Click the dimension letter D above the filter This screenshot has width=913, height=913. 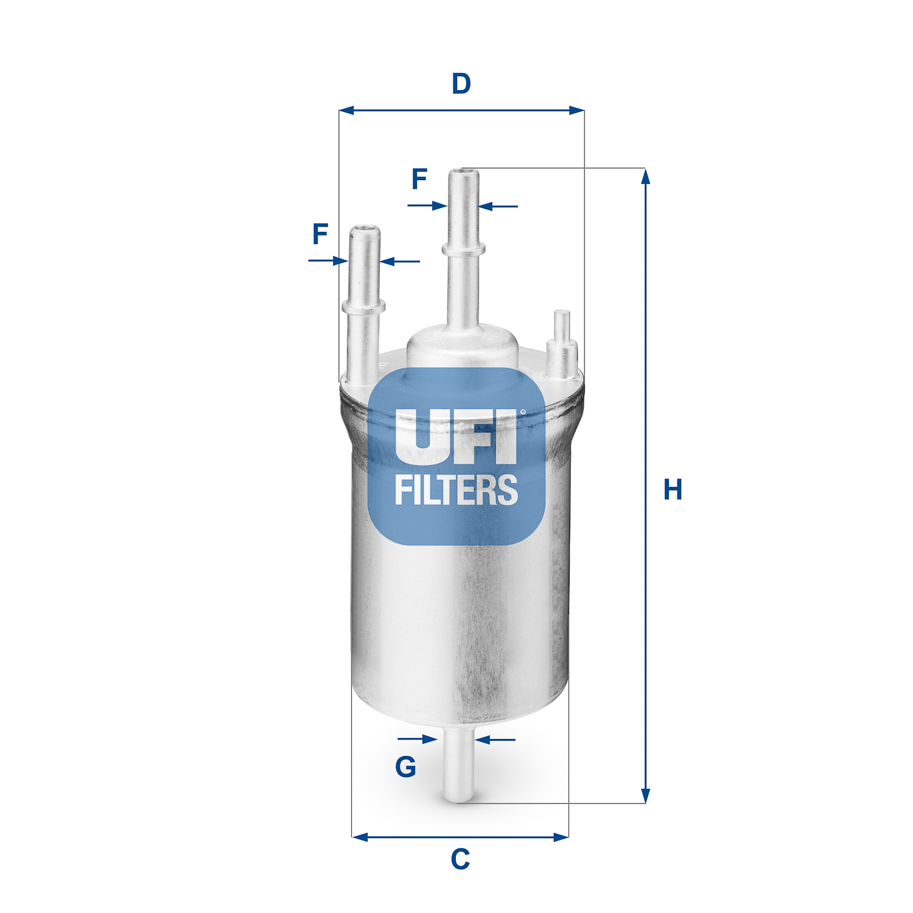click(461, 83)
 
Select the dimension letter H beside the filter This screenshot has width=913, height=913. click(673, 489)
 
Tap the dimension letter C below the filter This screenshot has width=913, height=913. click(460, 859)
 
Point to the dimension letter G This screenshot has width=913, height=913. click(405, 767)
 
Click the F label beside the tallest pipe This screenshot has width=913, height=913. click(419, 179)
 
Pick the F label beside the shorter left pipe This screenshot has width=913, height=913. click(320, 234)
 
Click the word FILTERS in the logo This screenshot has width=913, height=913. click(456, 490)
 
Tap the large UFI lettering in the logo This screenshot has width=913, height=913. click(456, 435)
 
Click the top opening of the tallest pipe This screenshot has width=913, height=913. click(464, 172)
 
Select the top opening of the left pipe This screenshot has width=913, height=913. click(365, 229)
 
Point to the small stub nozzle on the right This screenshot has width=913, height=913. click(561, 347)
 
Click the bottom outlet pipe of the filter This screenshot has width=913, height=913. click(458, 767)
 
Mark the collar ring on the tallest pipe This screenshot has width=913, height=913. click(464, 248)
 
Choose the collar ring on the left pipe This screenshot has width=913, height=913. click(364, 306)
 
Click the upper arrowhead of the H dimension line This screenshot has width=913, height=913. click(646, 176)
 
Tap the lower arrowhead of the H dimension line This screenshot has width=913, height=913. click(646, 796)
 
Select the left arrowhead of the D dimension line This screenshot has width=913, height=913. click(346, 111)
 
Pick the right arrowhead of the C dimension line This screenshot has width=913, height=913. click(561, 837)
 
